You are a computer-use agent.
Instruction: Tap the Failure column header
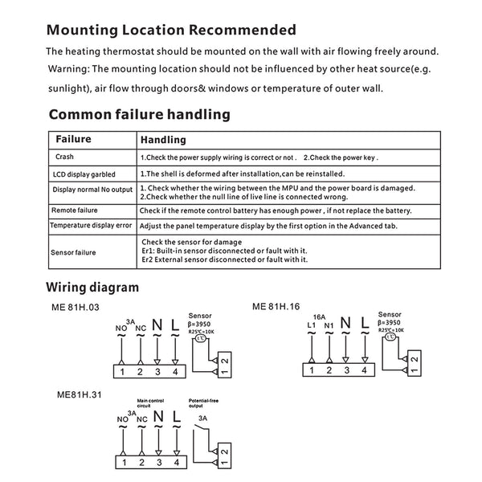(73, 139)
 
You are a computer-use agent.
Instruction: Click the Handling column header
(163, 140)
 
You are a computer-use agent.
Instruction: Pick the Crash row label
(64, 157)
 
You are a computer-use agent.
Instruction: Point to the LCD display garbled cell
(84, 174)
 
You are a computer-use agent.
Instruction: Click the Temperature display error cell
(90, 226)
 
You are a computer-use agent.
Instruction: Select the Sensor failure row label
(75, 252)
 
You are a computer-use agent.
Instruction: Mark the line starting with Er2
(224, 259)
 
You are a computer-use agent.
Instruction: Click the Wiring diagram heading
(92, 287)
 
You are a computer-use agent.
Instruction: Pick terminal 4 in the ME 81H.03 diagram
(174, 370)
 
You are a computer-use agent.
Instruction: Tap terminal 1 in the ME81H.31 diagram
(122, 463)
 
